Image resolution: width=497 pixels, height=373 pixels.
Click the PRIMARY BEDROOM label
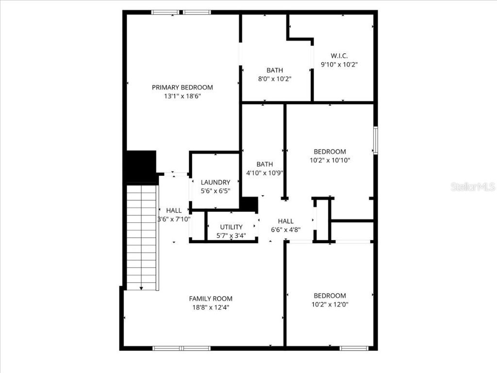pos(182,87)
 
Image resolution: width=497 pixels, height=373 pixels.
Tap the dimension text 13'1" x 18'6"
pos(182,96)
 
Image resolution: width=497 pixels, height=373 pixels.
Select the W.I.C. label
pos(339,55)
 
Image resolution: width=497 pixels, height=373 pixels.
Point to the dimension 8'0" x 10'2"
pos(274,78)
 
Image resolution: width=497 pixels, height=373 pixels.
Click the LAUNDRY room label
pos(215,182)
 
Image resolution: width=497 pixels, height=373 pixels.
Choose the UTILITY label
pos(231,227)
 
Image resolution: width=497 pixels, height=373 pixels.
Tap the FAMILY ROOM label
pos(211,299)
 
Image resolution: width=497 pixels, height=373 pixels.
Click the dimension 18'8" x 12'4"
pos(211,307)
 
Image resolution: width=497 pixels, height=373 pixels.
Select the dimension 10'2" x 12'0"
pos(330,305)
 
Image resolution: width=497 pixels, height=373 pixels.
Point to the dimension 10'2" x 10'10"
pos(330,160)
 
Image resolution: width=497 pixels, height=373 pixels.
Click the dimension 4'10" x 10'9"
pos(265,172)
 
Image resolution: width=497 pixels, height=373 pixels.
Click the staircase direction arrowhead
pos(141,288)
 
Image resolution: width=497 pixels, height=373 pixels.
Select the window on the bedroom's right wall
pos(375,140)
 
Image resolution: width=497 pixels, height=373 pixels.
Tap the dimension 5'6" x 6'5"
pos(215,191)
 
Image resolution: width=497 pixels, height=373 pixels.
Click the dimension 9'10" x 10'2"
pos(339,64)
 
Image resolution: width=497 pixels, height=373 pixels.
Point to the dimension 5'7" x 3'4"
pos(231,236)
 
